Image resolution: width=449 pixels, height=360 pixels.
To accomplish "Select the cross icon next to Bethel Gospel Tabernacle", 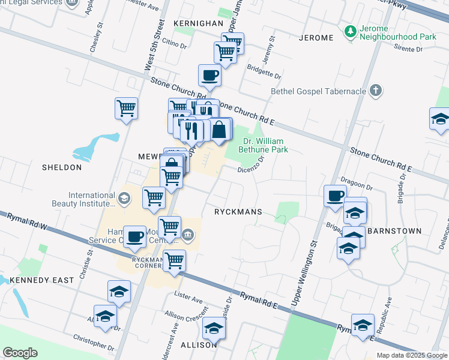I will point(375,91).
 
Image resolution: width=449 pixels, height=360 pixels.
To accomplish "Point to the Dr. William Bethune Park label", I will point(265,146).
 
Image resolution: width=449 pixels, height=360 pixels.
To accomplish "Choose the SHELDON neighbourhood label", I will point(61,167).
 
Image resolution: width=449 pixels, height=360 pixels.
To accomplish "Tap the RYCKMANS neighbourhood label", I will point(238,212).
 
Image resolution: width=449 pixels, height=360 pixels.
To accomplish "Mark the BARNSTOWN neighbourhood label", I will point(394,230).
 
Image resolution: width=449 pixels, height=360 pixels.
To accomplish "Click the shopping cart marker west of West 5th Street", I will point(126,109).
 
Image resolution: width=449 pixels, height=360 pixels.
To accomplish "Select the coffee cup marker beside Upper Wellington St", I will point(335,195).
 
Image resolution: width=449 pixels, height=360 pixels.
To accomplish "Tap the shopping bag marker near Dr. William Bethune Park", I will point(220,130).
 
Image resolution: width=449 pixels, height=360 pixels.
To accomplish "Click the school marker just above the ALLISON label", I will point(213,328).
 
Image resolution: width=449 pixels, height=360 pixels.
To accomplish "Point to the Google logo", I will point(20,353).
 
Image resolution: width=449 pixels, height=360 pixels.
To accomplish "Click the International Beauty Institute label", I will point(91,199).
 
